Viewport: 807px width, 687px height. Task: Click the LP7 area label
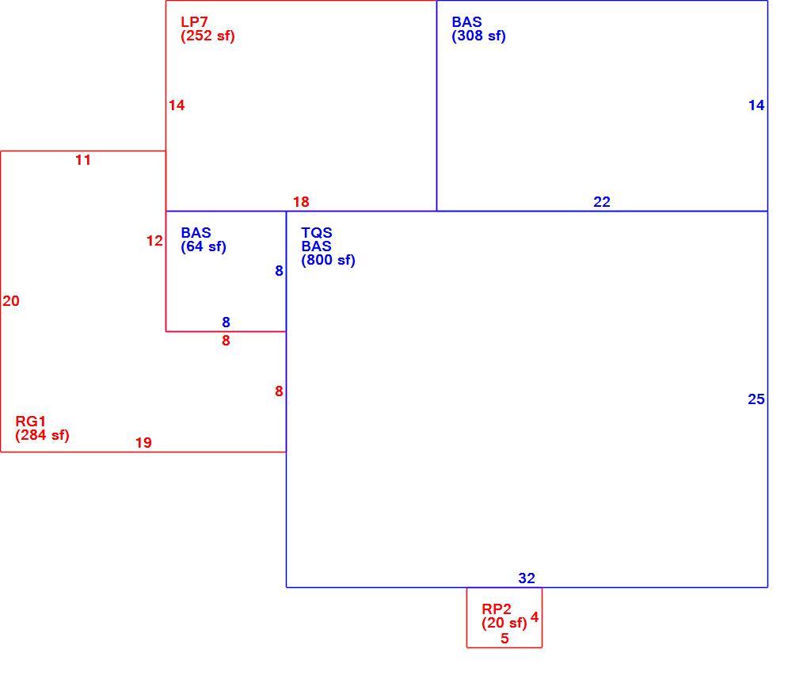pyautogui.click(x=194, y=22)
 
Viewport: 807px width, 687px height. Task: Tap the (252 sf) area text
pyautogui.click(x=208, y=36)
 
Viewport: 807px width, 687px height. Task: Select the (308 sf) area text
pyautogui.click(x=478, y=36)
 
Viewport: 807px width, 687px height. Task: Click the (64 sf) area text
pyautogui.click(x=204, y=246)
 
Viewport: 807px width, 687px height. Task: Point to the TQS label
pyautogui.click(x=317, y=233)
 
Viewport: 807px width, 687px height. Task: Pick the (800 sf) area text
pyautogui.click(x=329, y=260)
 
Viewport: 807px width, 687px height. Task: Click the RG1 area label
pyautogui.click(x=30, y=422)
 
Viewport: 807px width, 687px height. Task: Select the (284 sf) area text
pyautogui.click(x=42, y=435)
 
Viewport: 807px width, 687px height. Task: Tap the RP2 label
pyautogui.click(x=496, y=609)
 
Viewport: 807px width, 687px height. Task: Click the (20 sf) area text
pyautogui.click(x=504, y=623)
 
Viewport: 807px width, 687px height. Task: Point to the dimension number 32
pyautogui.click(x=527, y=578)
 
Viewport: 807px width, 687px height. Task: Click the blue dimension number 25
pyautogui.click(x=756, y=399)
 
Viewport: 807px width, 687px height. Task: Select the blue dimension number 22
pyautogui.click(x=602, y=202)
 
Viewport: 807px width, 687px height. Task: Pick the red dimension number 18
pyautogui.click(x=301, y=202)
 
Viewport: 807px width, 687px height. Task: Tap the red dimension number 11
pyautogui.click(x=83, y=160)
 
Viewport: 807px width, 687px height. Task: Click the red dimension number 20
pyautogui.click(x=11, y=301)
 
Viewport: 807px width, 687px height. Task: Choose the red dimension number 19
pyautogui.click(x=143, y=443)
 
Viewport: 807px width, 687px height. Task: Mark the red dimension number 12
pyautogui.click(x=154, y=241)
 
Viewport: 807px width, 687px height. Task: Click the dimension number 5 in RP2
pyautogui.click(x=504, y=639)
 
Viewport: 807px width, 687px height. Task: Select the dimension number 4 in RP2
pyautogui.click(x=535, y=617)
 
